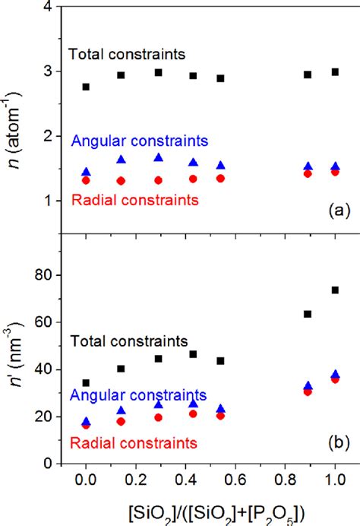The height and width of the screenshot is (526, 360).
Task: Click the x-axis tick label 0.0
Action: click(x=86, y=481)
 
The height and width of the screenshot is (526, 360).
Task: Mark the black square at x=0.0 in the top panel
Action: click(x=86, y=87)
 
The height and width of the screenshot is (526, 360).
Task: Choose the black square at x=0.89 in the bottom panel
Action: click(x=308, y=314)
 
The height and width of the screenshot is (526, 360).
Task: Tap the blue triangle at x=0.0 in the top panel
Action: click(x=86, y=173)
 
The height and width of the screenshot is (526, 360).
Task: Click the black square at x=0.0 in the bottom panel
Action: click(x=86, y=383)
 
